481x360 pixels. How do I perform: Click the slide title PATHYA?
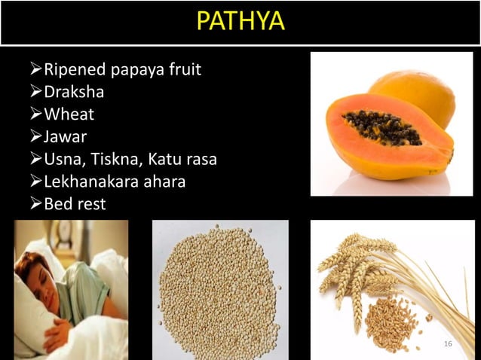(x=240, y=21)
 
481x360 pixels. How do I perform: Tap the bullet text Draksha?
(x=74, y=94)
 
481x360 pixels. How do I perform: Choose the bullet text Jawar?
(x=66, y=138)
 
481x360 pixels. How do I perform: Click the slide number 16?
(x=448, y=344)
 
